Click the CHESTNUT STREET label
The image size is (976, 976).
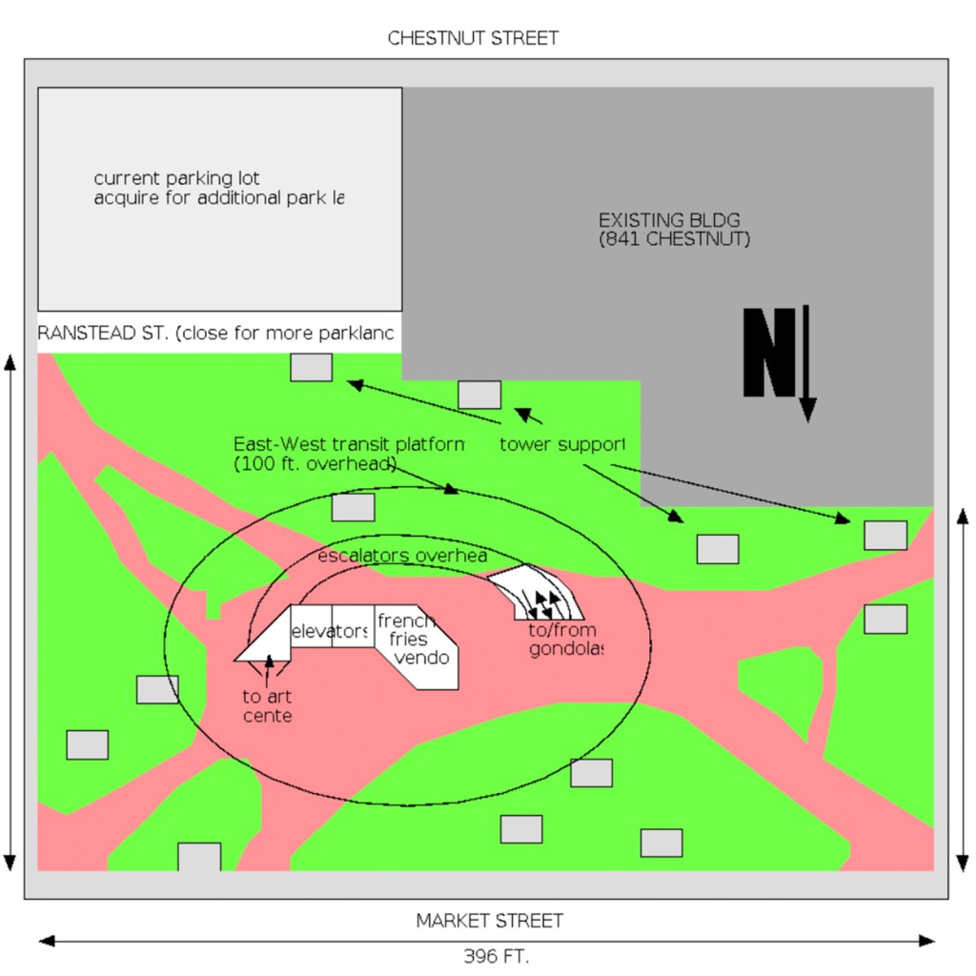point(473,38)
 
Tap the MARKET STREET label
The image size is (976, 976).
point(489,921)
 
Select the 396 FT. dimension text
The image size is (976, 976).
point(496,955)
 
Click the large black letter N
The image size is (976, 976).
point(768,353)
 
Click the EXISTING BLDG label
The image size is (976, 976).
point(668,220)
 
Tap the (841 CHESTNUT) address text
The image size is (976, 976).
point(674,239)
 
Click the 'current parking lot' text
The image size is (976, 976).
point(176,178)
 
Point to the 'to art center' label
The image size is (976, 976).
point(267,706)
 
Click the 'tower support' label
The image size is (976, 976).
point(562,444)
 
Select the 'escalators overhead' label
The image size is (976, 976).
point(402,556)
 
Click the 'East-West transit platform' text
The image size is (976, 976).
point(349,444)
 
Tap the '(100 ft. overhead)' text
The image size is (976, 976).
point(315,463)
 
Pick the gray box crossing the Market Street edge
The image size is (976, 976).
point(199,857)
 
